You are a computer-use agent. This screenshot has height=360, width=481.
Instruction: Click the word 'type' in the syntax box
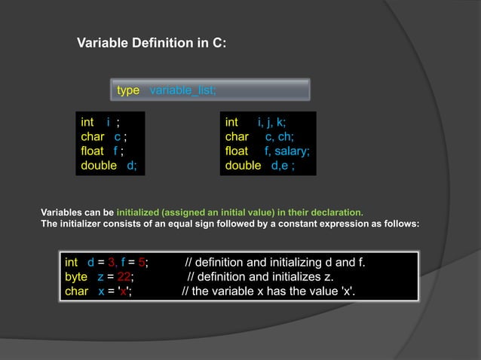(128, 90)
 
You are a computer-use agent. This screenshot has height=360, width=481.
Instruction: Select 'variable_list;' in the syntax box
(183, 90)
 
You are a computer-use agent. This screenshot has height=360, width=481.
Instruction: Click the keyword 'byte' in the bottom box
(76, 276)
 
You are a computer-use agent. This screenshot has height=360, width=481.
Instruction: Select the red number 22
(125, 276)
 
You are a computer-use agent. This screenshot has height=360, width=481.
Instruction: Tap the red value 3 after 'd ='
(110, 262)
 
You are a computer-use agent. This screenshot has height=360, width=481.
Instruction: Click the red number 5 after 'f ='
(141, 262)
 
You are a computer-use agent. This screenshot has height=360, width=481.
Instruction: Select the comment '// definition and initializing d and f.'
(275, 262)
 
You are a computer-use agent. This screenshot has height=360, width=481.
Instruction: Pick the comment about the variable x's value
(268, 291)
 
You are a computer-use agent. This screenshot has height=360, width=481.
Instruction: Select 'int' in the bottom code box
(72, 262)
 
